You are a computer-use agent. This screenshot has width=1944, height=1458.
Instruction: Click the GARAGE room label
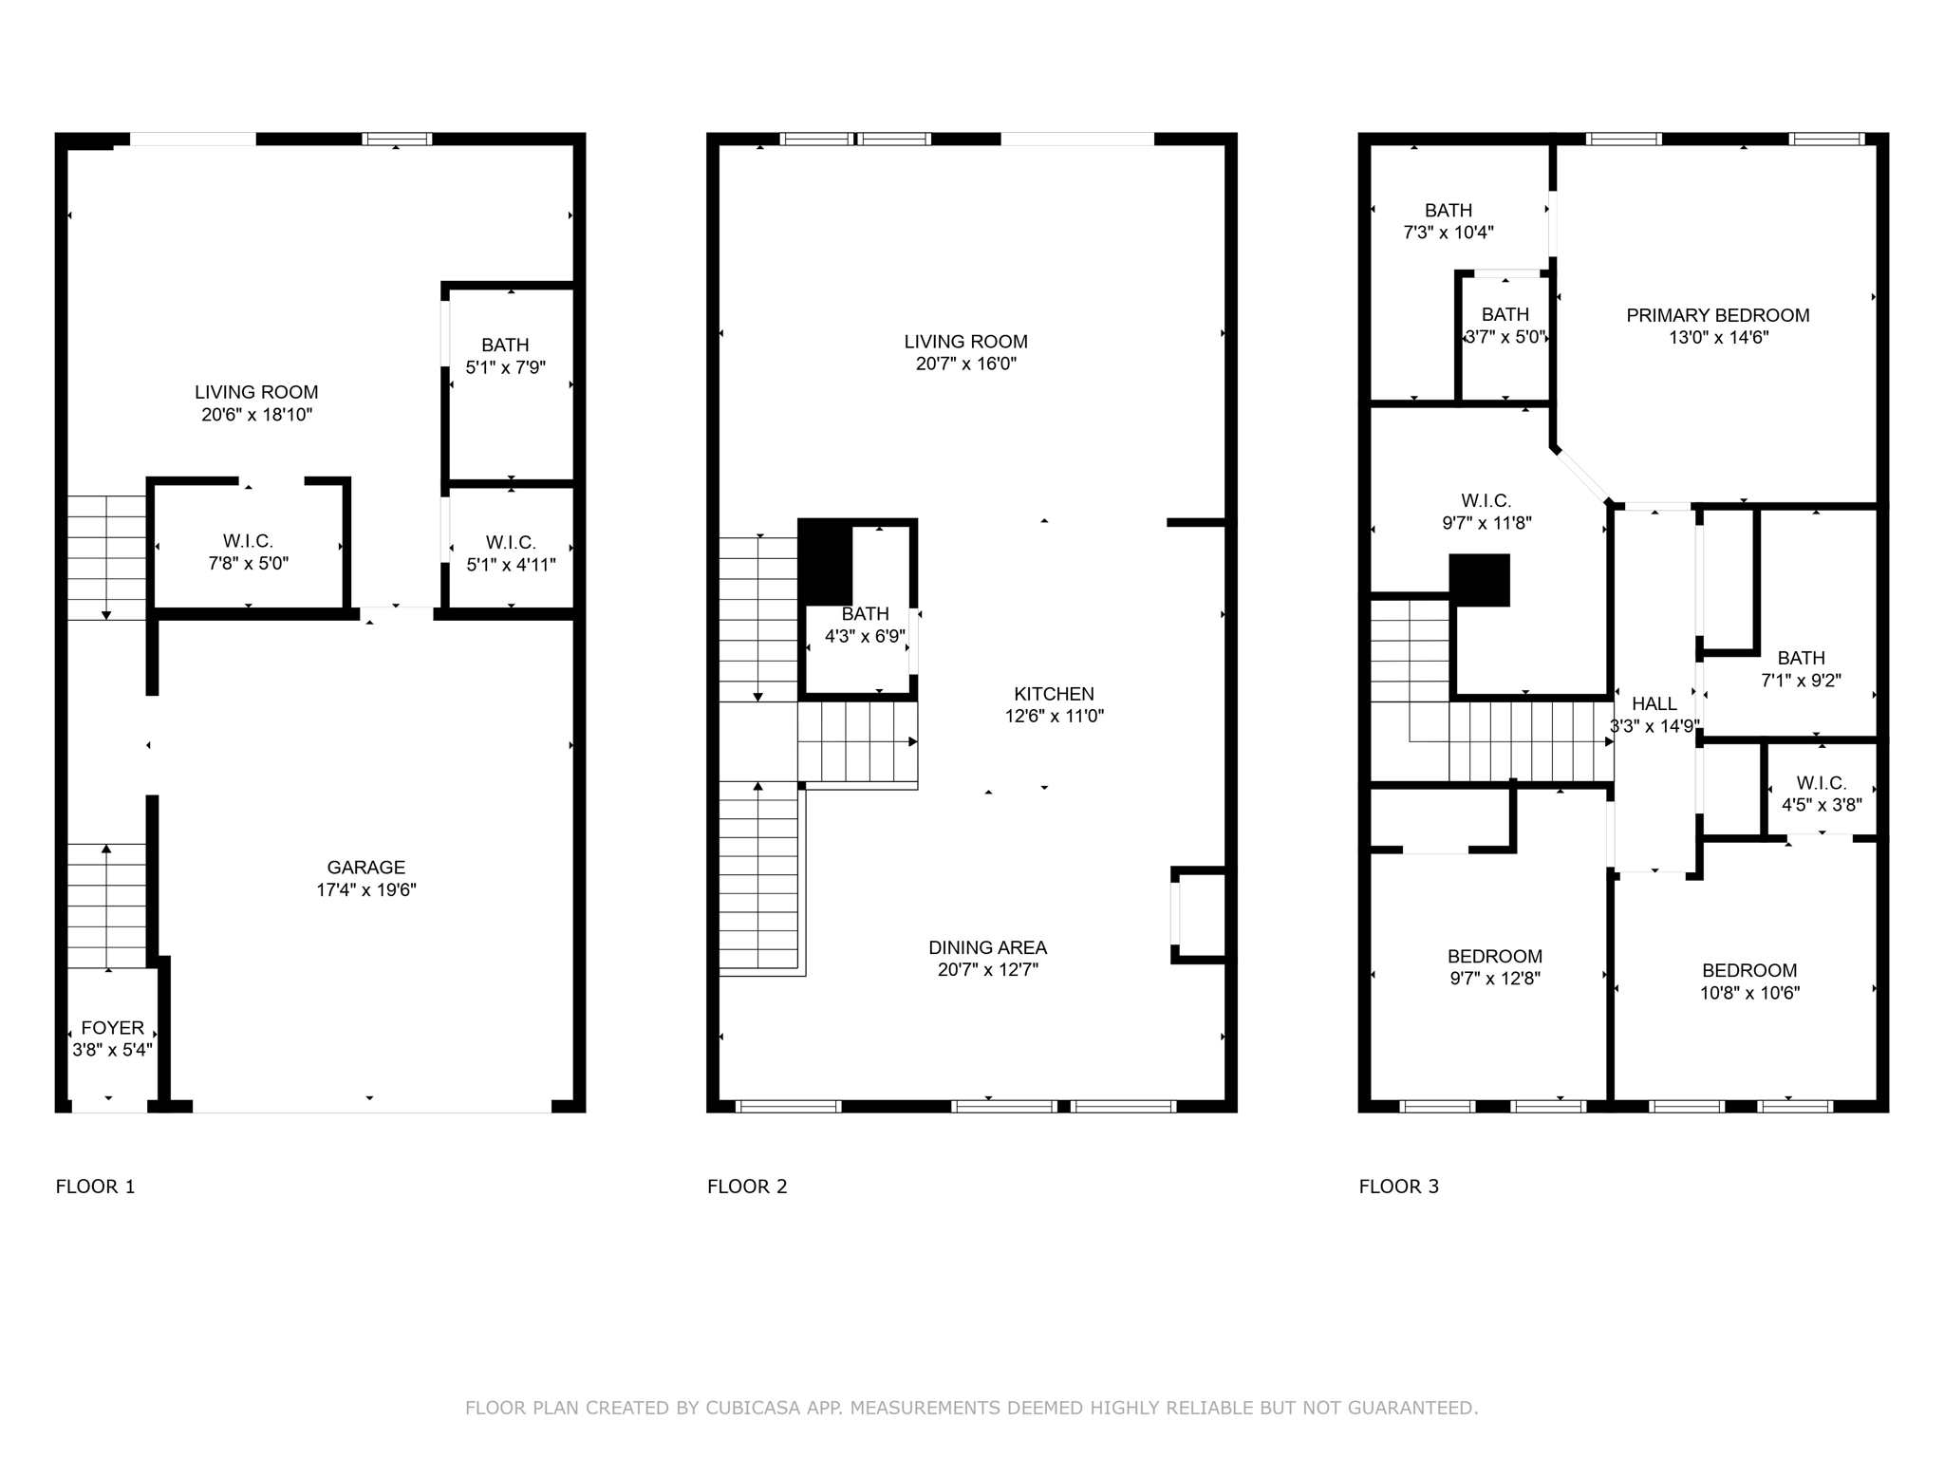point(365,867)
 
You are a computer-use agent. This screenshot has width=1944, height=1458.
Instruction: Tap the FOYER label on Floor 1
point(112,1027)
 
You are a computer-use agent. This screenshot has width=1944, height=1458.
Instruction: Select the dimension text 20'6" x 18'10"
point(256,415)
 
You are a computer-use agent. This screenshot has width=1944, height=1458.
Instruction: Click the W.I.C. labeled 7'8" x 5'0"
point(248,541)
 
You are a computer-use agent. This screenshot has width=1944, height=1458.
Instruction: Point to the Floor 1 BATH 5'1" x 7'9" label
point(505,346)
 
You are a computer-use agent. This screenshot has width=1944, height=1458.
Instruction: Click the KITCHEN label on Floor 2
point(1054,694)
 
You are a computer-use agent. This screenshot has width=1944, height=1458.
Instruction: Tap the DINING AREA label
point(987,947)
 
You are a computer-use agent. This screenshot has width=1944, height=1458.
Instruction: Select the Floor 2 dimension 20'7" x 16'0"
point(965,364)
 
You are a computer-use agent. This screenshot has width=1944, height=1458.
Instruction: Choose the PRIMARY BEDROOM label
point(1717,315)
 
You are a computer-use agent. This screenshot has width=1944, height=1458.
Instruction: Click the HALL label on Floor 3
point(1654,703)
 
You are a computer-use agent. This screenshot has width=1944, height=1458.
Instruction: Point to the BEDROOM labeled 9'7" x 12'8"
point(1494,956)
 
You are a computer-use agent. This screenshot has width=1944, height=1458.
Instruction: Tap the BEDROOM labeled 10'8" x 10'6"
point(1748,970)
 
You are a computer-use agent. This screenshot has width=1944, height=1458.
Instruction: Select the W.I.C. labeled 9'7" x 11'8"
point(1486,500)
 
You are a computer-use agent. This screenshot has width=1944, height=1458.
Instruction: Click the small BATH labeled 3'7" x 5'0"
point(1505,314)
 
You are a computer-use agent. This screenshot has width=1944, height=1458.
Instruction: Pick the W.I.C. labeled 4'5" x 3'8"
point(1821,783)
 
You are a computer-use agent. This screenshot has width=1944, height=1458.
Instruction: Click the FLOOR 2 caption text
point(747,1187)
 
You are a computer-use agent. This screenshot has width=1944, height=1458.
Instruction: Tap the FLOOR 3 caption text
point(1398,1187)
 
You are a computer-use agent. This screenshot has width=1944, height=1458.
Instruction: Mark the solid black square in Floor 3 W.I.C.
point(1479,580)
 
